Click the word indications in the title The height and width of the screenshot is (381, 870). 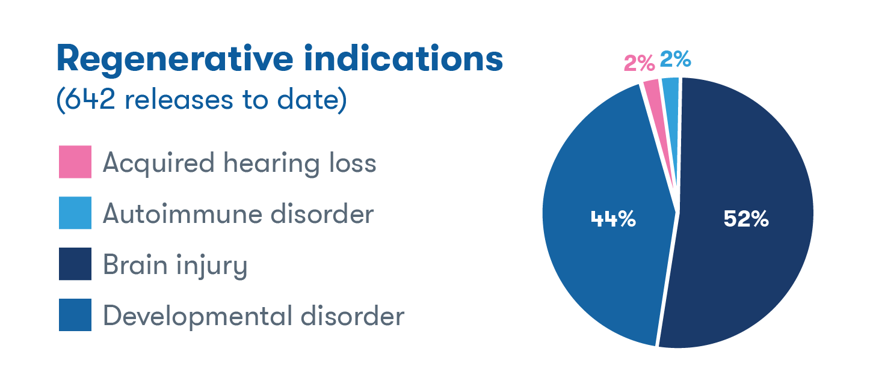click(x=404, y=58)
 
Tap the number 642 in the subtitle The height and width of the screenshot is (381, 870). click(x=90, y=99)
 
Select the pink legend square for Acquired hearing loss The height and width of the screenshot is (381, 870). click(x=75, y=162)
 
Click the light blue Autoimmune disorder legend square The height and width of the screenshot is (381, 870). click(x=75, y=213)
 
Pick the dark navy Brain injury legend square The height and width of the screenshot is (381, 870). click(x=75, y=264)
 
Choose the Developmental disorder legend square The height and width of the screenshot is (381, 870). click(x=75, y=315)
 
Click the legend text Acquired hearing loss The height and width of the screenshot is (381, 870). click(x=239, y=163)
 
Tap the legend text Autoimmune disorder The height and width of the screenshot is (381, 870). click(x=238, y=214)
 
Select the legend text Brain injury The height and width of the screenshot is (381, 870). click(x=175, y=266)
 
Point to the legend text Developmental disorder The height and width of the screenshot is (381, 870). click(x=254, y=316)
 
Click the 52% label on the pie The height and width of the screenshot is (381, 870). click(x=746, y=219)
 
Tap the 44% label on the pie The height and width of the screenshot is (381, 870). click(x=613, y=219)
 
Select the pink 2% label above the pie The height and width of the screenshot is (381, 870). click(x=640, y=64)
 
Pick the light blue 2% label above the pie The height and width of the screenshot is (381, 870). click(x=676, y=59)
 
